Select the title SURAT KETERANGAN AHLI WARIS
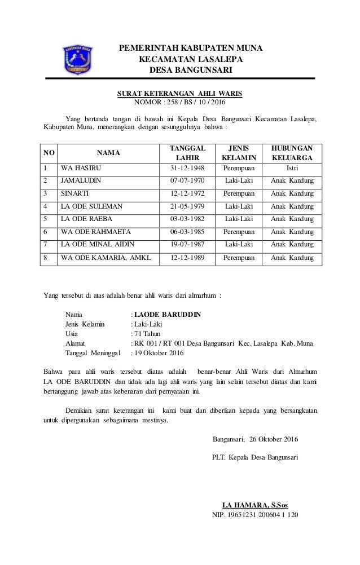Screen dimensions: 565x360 (x=179, y=93)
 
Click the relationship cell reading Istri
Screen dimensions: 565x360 (x=292, y=153)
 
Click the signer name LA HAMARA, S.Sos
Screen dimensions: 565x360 (x=256, y=505)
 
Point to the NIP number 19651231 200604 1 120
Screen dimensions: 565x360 (x=255, y=515)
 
